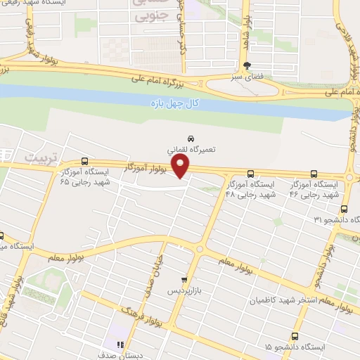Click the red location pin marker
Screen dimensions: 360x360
(x=181, y=167)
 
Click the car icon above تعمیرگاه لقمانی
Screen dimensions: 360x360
(x=191, y=138)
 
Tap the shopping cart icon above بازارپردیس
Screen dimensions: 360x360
(x=185, y=278)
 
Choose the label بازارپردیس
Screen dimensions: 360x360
(x=184, y=290)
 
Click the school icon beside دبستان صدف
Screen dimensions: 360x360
(x=120, y=345)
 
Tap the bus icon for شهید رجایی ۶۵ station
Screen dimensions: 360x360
(x=84, y=161)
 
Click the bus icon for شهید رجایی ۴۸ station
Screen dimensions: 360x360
(x=251, y=174)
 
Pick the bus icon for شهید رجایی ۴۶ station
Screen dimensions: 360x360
(x=314, y=174)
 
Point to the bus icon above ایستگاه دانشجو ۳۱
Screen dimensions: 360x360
(x=344, y=209)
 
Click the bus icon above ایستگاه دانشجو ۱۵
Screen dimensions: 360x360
(x=294, y=336)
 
